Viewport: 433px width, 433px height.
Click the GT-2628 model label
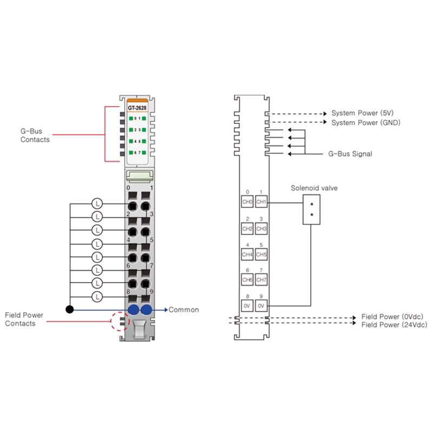tap(137, 108)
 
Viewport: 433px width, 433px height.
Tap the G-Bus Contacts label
tap(35, 135)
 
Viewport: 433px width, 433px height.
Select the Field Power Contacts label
tap(24, 319)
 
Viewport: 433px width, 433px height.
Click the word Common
tap(183, 310)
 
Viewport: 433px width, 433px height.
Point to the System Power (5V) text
tap(362, 113)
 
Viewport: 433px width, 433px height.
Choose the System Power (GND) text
tap(366, 123)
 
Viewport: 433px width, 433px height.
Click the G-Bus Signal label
tap(350, 154)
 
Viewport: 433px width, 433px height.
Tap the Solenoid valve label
tap(314, 188)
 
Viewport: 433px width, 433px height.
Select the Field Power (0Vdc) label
tap(392, 317)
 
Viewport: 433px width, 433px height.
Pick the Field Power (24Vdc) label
tap(395, 325)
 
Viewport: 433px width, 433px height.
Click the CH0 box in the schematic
tap(247, 201)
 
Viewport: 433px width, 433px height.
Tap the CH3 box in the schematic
tap(261, 228)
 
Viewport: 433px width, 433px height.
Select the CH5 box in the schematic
tap(261, 254)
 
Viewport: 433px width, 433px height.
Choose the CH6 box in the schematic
tap(247, 280)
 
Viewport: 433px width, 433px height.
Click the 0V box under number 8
tap(247, 306)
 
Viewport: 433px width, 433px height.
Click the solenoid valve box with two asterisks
tap(312, 209)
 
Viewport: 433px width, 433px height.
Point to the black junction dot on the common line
tap(70, 309)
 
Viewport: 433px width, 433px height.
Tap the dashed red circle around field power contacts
tap(111, 321)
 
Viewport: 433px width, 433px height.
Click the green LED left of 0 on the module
tap(131, 119)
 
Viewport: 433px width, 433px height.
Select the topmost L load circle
tap(97, 204)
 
